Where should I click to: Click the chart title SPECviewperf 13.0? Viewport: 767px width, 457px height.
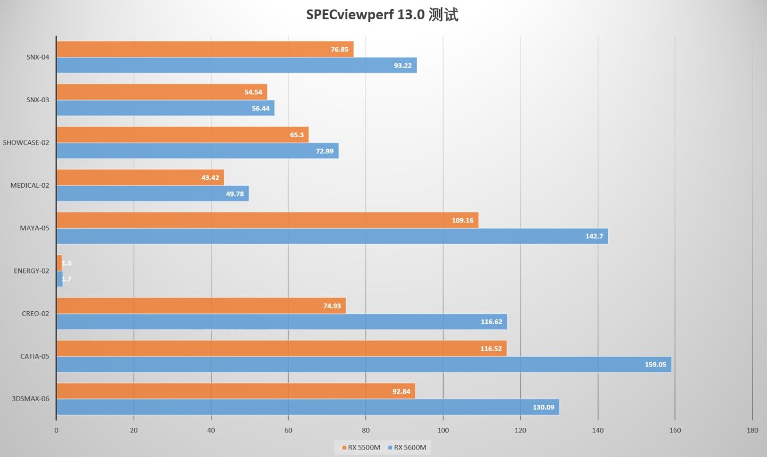pyautogui.click(x=382, y=14)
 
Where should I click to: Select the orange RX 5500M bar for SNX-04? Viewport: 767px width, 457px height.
pyautogui.click(x=205, y=49)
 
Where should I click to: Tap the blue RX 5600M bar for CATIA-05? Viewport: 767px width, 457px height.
pyautogui.click(x=363, y=364)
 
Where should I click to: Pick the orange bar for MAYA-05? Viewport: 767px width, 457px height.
pyautogui.click(x=267, y=220)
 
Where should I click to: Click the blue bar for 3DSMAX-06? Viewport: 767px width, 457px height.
pyautogui.click(x=307, y=407)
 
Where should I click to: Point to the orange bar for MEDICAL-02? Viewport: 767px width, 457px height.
pyautogui.click(x=140, y=178)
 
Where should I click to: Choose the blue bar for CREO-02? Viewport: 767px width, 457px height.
pyautogui.click(x=281, y=322)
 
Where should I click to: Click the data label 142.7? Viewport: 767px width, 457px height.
pyautogui.click(x=594, y=236)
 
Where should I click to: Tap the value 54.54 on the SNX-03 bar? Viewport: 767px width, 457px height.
pyautogui.click(x=253, y=92)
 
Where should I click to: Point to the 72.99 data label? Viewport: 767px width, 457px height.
pyautogui.click(x=324, y=151)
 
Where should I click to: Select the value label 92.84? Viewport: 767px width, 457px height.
pyautogui.click(x=401, y=392)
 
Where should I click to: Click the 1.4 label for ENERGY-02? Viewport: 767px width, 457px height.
pyautogui.click(x=67, y=263)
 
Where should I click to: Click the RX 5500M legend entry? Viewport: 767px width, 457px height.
pyautogui.click(x=361, y=447)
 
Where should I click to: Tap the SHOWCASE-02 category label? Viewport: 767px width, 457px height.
pyautogui.click(x=26, y=143)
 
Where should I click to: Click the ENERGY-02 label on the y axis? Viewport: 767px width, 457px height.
pyautogui.click(x=31, y=271)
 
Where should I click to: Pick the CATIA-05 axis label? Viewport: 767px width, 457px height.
pyautogui.click(x=35, y=356)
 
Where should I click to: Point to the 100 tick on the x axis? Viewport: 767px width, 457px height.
pyautogui.click(x=443, y=430)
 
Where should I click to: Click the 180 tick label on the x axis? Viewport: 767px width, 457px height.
pyautogui.click(x=752, y=430)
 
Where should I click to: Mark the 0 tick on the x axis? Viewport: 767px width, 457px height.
pyautogui.click(x=56, y=430)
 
